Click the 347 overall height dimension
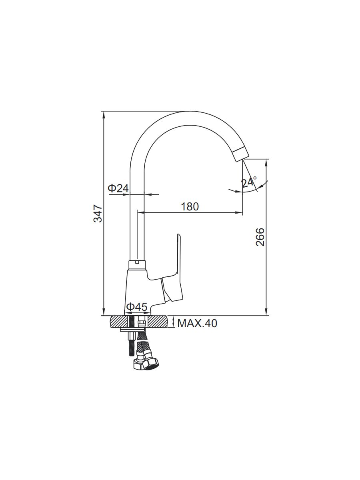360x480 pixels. point(98,214)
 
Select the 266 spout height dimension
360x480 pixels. point(260,237)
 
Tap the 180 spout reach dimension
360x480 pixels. point(190,207)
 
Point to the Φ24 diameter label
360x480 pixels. point(118,188)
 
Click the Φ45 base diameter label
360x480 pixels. point(137,307)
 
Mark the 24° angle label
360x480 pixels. point(249,182)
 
